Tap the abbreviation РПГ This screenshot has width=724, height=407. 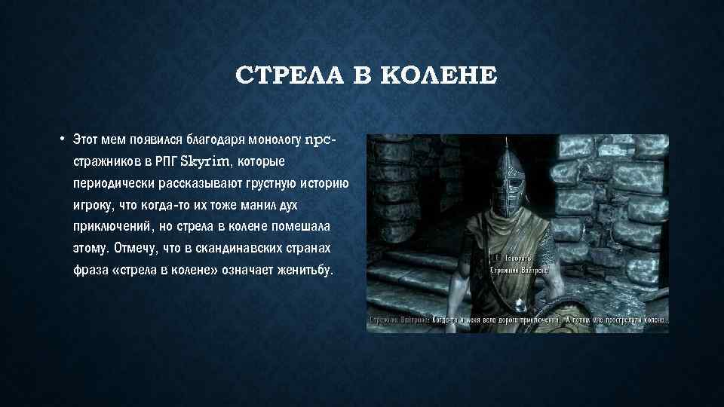point(164,162)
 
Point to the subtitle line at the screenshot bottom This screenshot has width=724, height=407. point(517,320)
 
